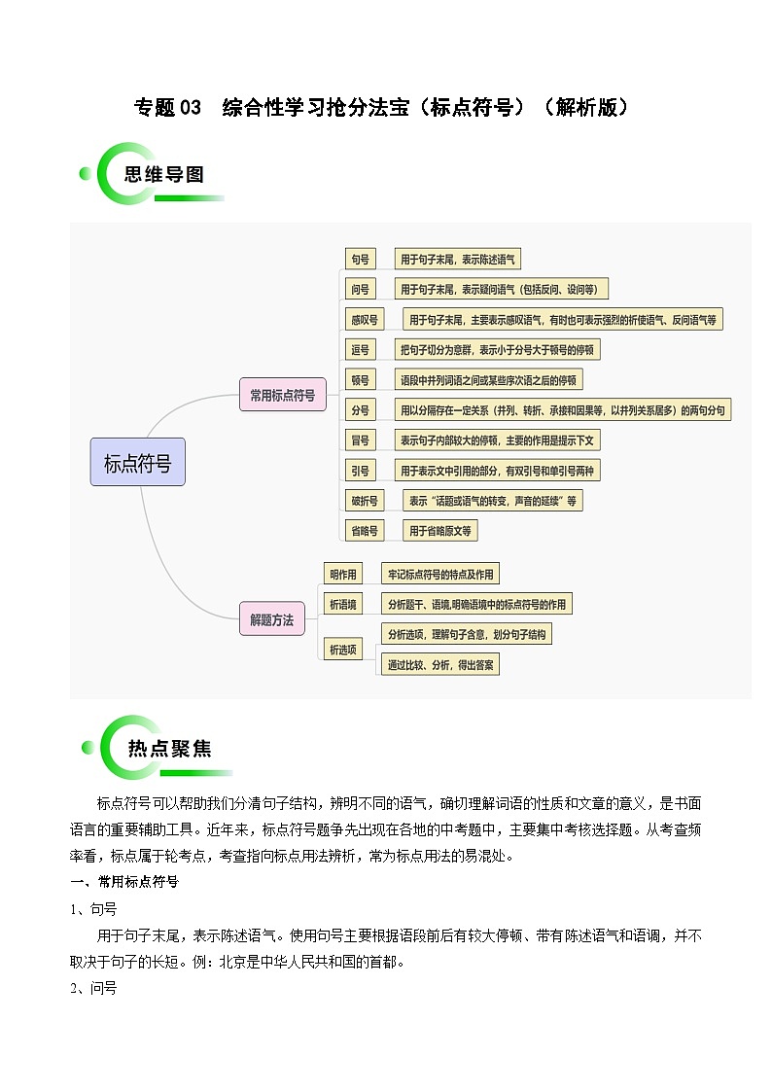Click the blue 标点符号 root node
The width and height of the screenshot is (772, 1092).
pos(138,462)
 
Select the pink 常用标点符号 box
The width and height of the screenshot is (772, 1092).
pos(283,395)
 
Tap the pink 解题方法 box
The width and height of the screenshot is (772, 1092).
pos(272,619)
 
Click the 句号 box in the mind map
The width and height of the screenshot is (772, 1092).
pos(360,259)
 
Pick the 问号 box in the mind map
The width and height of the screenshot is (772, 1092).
pos(360,289)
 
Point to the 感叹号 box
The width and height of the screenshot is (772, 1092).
pos(365,320)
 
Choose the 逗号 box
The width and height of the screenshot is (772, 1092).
pos(360,350)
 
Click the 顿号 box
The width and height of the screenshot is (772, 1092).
pos(360,379)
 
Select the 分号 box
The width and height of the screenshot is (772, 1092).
pos(360,410)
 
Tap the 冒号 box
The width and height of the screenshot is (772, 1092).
pos(360,440)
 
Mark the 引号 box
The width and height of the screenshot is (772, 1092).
pos(360,470)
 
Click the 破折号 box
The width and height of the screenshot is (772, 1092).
pos(365,501)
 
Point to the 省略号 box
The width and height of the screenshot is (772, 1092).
pos(365,531)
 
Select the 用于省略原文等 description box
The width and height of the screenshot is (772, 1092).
pos(439,531)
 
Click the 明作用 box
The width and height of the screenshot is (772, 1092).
pos(343,574)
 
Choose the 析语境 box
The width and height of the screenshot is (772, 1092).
pos(343,604)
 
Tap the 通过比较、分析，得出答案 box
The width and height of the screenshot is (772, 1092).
pos(440,664)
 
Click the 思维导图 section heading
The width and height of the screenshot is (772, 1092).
pos(164,174)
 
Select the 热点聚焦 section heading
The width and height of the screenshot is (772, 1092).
pos(170,749)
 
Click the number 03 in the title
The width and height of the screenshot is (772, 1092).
pos(190,107)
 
